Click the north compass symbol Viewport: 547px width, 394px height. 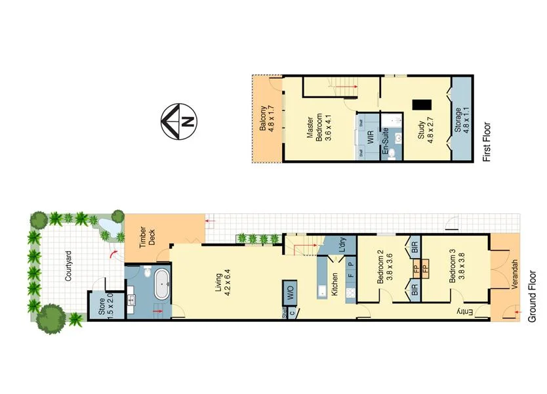[x=179, y=122]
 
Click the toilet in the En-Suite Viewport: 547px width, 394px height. [x=391, y=152]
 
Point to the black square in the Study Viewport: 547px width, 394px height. [x=420, y=104]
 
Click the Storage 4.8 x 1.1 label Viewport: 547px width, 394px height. [x=462, y=121]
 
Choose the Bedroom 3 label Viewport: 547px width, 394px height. [x=456, y=269]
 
